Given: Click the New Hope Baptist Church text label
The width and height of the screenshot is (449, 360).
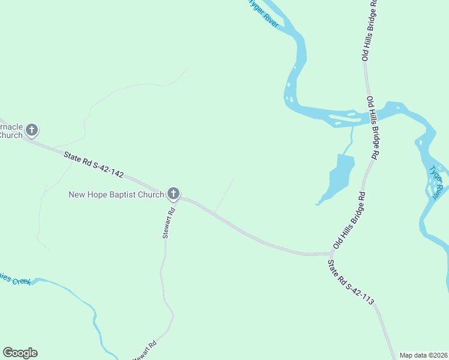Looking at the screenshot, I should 116,194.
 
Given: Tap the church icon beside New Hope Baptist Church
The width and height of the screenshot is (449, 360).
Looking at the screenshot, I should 173,193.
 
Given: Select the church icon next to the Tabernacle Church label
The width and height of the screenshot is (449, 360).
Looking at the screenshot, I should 32,130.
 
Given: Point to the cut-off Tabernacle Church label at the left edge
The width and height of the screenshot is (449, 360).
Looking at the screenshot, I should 11,131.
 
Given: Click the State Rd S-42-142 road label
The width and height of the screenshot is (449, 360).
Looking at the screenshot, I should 94,166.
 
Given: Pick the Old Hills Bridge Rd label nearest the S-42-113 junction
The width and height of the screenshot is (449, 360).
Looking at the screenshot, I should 349,221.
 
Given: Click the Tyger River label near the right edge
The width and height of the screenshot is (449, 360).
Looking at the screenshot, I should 437,180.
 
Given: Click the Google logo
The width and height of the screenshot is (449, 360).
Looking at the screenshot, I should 20,353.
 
